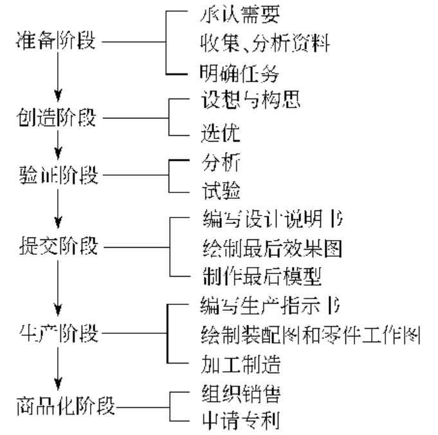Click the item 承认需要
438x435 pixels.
[230, 14]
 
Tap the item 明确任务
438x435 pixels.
[230, 73]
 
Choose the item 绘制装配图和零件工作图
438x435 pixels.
[309, 335]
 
